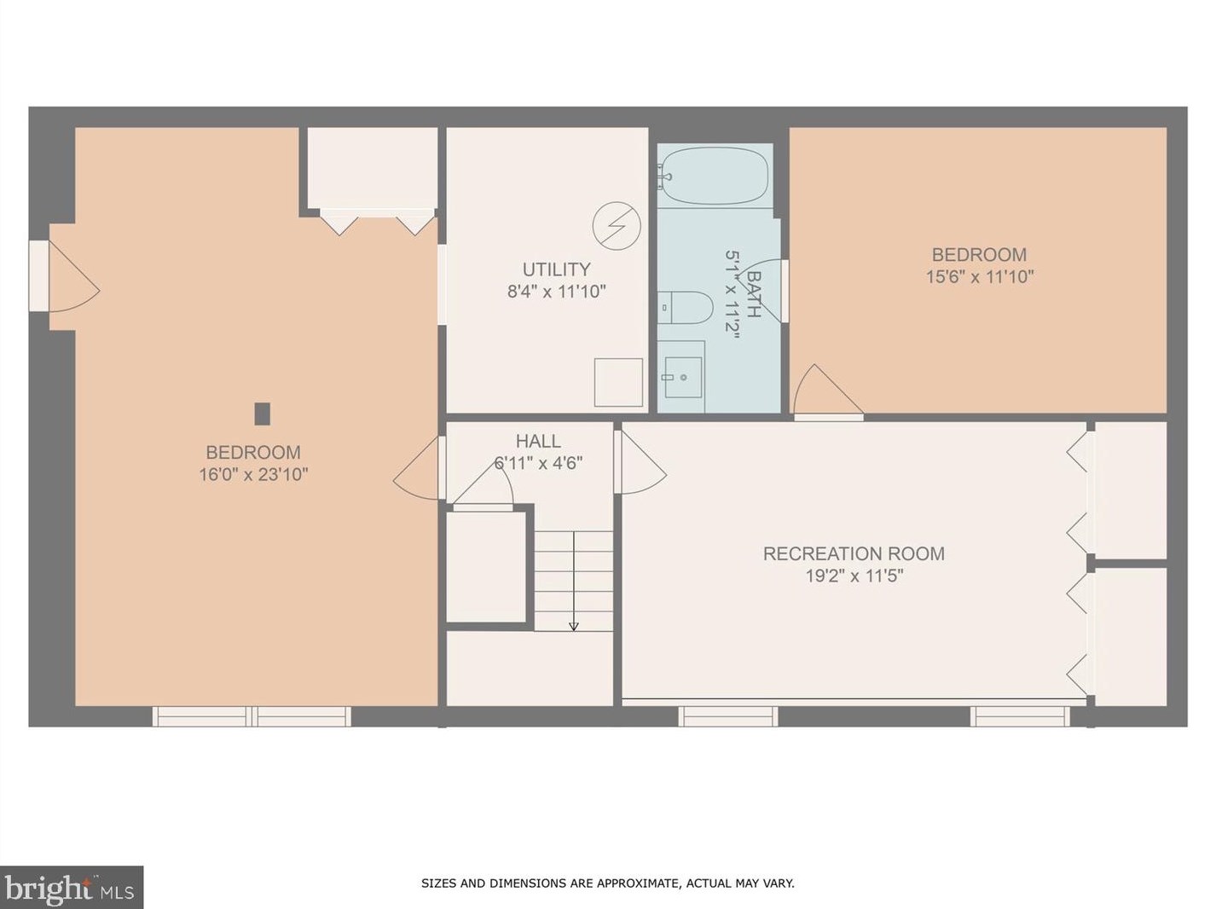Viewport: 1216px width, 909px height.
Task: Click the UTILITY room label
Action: click(x=556, y=269)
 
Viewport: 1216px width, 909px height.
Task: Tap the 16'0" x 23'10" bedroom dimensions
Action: click(x=253, y=474)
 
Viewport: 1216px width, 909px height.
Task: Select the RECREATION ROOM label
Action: click(x=854, y=553)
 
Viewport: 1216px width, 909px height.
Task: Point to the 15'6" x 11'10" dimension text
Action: click(x=979, y=276)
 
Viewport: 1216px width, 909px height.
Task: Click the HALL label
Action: click(x=538, y=441)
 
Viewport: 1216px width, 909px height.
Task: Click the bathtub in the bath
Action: click(x=715, y=176)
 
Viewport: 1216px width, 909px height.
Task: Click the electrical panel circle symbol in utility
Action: click(x=617, y=226)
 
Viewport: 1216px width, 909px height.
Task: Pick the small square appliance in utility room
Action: click(x=618, y=383)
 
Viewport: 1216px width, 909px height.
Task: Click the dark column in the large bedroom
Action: click(x=263, y=414)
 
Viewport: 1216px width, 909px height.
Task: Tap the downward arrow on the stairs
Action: click(x=574, y=625)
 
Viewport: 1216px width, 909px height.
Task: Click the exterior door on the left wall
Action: click(x=39, y=275)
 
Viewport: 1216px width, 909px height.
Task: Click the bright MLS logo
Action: click(x=71, y=889)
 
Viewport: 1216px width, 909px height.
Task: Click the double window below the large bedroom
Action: click(x=252, y=716)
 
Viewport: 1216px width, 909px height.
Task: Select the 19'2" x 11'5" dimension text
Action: click(x=854, y=576)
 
